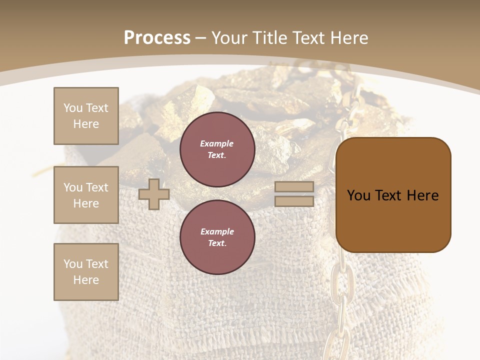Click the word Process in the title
(x=157, y=37)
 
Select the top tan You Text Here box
(x=86, y=116)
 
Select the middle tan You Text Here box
(x=86, y=195)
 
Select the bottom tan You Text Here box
(x=86, y=272)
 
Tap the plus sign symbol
(x=154, y=194)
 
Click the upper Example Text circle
(x=217, y=149)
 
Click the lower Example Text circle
(x=217, y=237)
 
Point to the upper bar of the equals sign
(x=294, y=187)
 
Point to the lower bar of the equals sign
(x=294, y=201)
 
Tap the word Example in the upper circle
(x=217, y=143)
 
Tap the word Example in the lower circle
(x=217, y=231)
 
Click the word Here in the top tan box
(x=86, y=124)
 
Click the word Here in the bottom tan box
(x=86, y=280)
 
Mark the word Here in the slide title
(x=348, y=37)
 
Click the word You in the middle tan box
(x=72, y=187)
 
